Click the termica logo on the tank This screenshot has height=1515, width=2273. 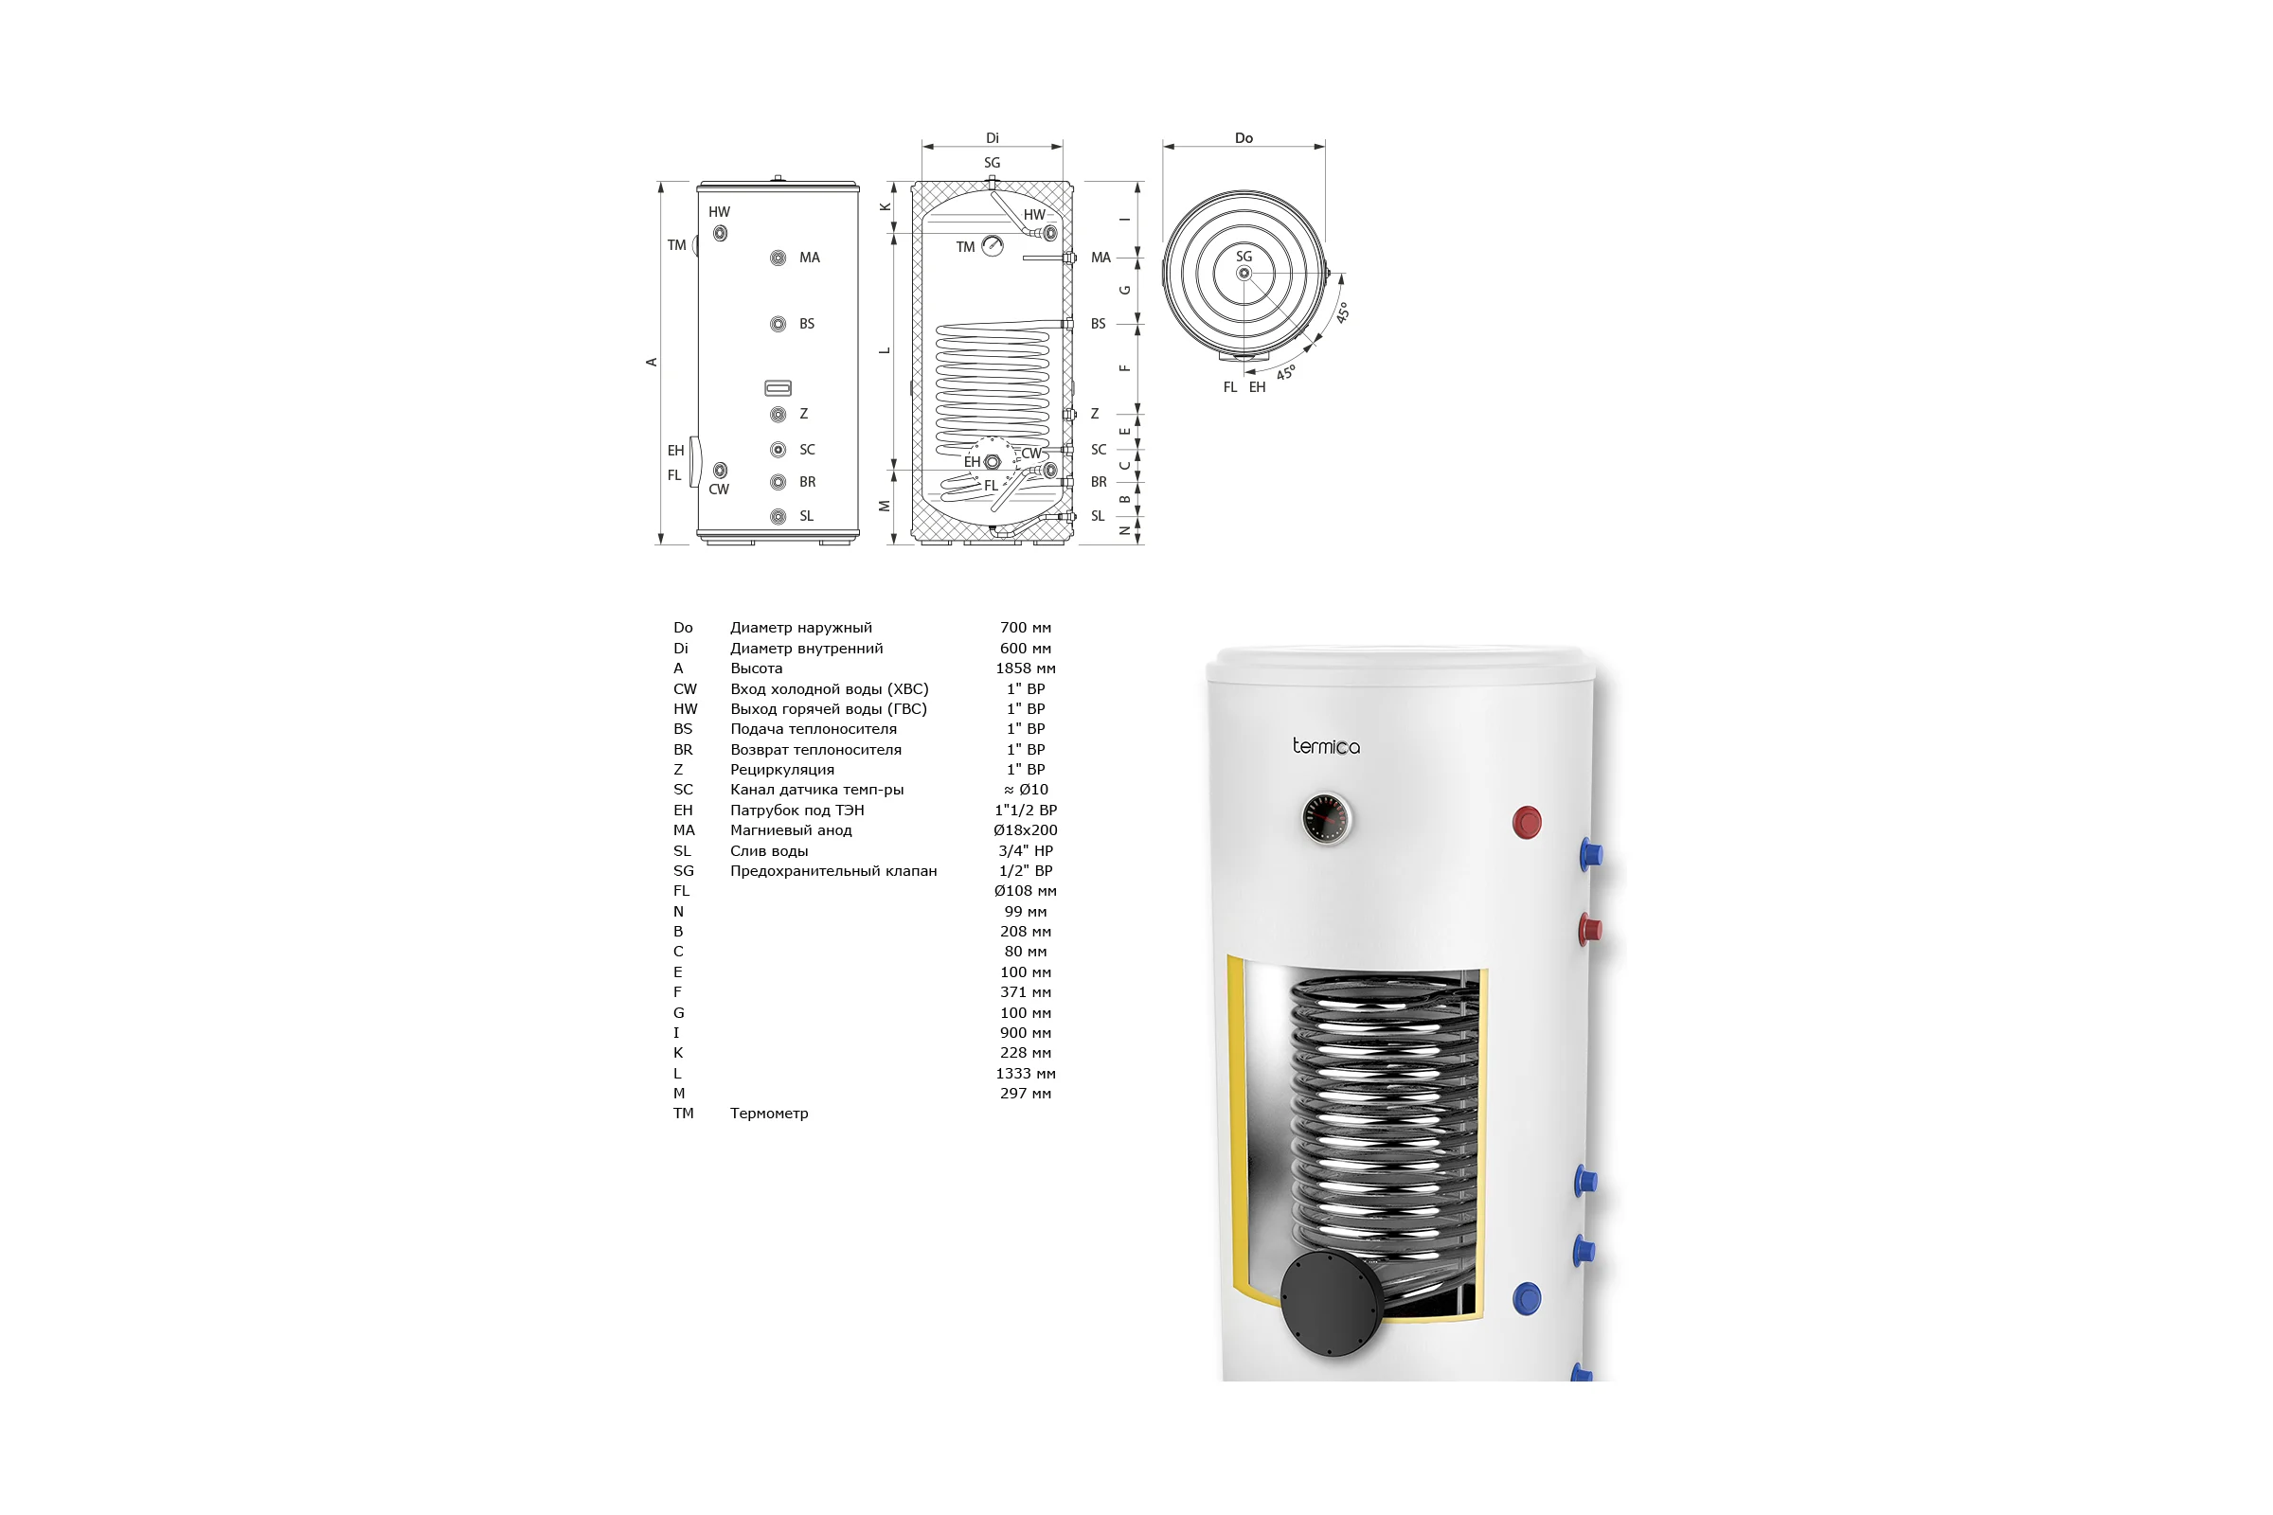[1326, 746]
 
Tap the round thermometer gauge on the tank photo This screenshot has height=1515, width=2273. [1326, 818]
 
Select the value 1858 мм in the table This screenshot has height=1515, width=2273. [1026, 668]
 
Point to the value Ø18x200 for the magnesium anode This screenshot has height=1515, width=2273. [1026, 830]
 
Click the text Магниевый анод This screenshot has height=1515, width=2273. [791, 830]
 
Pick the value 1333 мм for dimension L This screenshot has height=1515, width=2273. [1026, 1074]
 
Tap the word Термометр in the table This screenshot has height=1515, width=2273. [769, 1114]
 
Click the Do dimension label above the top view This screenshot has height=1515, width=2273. [1244, 138]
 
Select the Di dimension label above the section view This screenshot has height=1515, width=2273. [993, 138]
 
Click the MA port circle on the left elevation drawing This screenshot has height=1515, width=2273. [778, 258]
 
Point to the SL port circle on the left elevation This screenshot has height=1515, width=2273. [778, 517]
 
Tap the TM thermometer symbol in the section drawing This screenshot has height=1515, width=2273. [993, 245]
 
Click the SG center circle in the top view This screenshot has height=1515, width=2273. [1244, 274]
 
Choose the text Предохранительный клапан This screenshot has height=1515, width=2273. [833, 870]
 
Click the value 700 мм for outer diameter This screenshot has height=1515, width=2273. [1026, 628]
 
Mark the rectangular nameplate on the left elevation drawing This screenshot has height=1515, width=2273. [778, 388]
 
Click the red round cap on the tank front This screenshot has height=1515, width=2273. [1527, 822]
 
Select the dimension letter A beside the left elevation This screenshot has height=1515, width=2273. [652, 363]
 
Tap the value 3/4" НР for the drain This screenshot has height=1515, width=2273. [1026, 850]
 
